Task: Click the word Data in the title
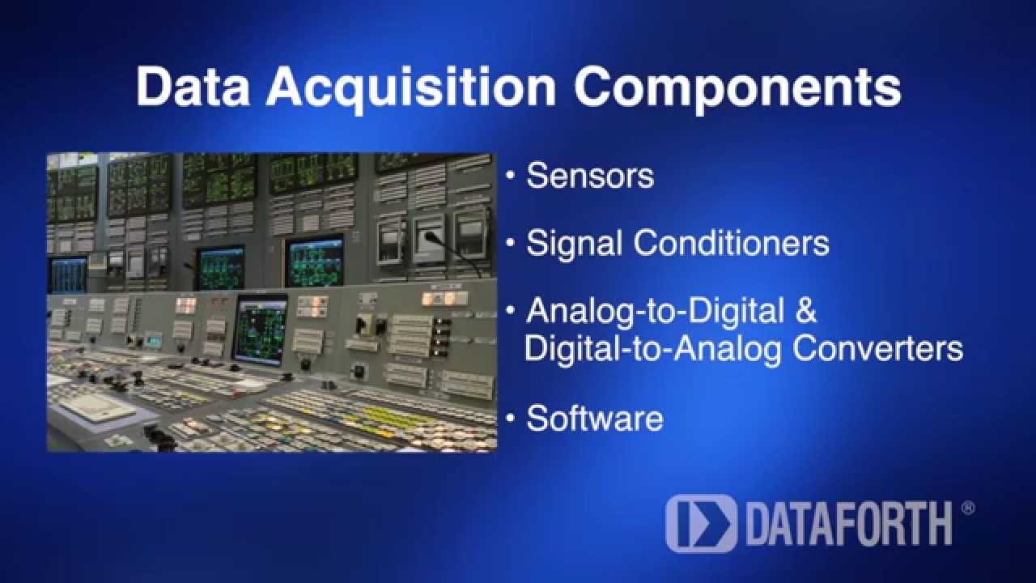193,87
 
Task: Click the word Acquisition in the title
411,87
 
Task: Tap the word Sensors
590,176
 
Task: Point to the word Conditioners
732,243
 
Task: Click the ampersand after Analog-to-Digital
801,311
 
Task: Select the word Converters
877,348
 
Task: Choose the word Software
595,418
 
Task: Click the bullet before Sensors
511,176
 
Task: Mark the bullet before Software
511,418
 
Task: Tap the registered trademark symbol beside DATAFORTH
967,509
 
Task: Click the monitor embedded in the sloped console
260,328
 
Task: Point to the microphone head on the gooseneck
430,237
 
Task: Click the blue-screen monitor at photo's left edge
67,274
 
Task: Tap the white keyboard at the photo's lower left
101,409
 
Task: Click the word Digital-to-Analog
653,348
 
